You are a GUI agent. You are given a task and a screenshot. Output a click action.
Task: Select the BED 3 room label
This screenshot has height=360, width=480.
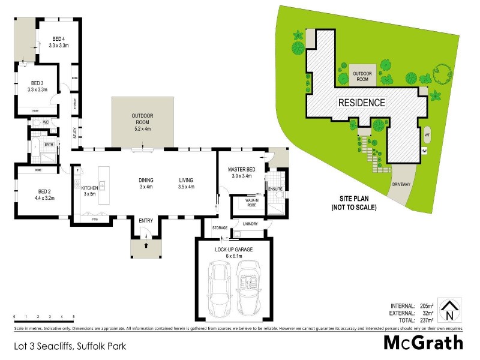pos(37,83)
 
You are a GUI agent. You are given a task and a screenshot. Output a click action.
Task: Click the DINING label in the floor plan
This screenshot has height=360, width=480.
pos(146,180)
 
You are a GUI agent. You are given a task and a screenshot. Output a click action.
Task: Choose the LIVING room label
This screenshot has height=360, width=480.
pos(187,180)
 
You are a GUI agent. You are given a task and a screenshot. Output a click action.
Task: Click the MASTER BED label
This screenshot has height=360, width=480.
pos(242,170)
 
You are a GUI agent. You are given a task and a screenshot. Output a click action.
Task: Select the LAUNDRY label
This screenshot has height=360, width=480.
pos(250,224)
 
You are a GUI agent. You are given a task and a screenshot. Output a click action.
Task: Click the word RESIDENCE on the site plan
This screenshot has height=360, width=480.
pos(362,103)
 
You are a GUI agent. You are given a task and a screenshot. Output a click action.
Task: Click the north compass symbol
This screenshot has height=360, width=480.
pos(448,311)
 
